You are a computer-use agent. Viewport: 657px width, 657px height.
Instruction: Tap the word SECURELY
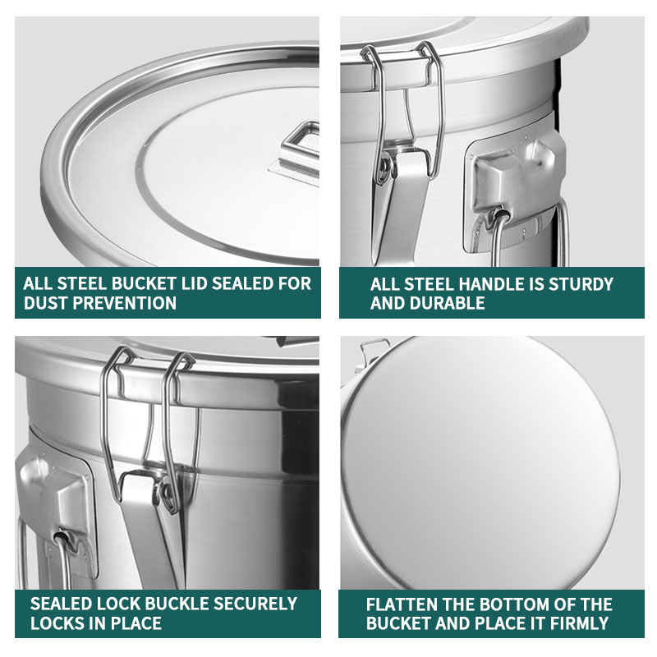point(257,604)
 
